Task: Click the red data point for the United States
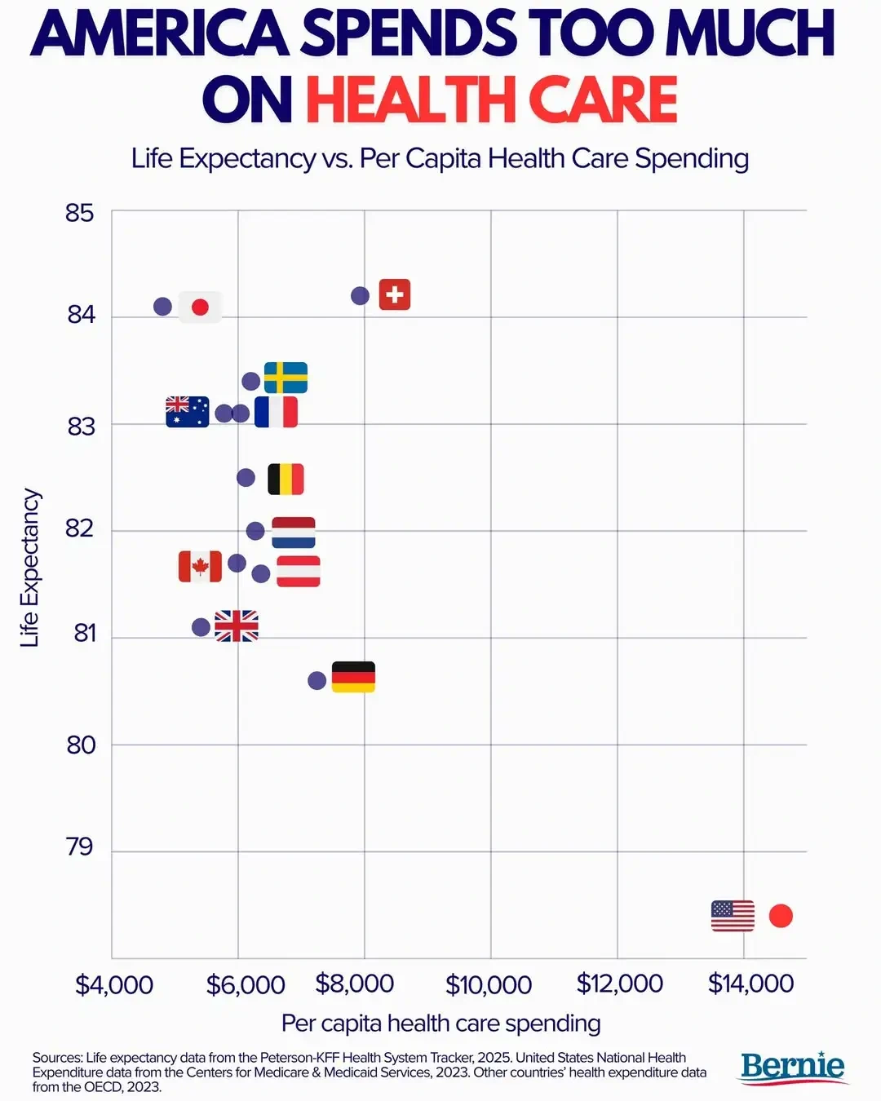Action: click(x=781, y=916)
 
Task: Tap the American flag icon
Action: click(x=733, y=916)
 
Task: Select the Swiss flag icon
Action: click(x=395, y=294)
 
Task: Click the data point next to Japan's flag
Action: click(x=162, y=307)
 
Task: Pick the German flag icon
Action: click(x=353, y=677)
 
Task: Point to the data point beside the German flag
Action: click(x=317, y=680)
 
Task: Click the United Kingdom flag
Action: click(x=237, y=626)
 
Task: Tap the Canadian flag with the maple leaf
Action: click(x=200, y=566)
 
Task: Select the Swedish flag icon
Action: click(x=286, y=378)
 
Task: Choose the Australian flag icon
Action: click(x=188, y=412)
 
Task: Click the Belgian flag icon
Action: click(x=286, y=479)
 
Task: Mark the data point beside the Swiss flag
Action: click(x=360, y=295)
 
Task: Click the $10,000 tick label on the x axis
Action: click(x=489, y=984)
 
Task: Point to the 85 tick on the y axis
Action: click(x=80, y=213)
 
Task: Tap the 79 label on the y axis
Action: click(x=80, y=847)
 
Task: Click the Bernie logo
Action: click(x=792, y=1067)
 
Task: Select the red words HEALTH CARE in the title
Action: click(x=491, y=100)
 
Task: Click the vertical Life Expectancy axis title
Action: click(x=30, y=568)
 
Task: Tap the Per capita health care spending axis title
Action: click(x=440, y=1023)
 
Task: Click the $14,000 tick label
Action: click(x=750, y=984)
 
